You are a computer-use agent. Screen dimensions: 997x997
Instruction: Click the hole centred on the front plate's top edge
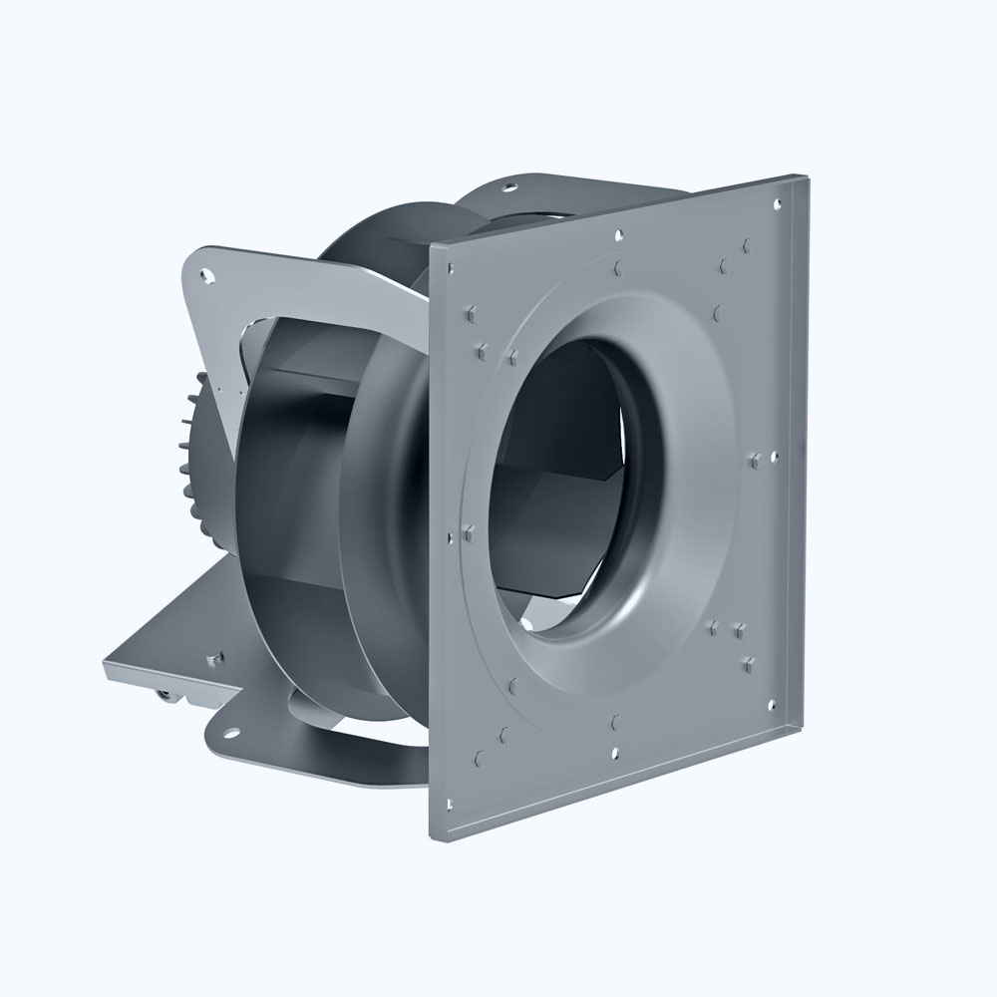click(x=618, y=236)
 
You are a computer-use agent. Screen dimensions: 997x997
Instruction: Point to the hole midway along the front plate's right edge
click(x=773, y=456)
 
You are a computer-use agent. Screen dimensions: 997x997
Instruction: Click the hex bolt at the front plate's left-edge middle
click(x=468, y=530)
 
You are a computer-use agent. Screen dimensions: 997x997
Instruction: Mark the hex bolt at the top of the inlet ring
click(x=620, y=266)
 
